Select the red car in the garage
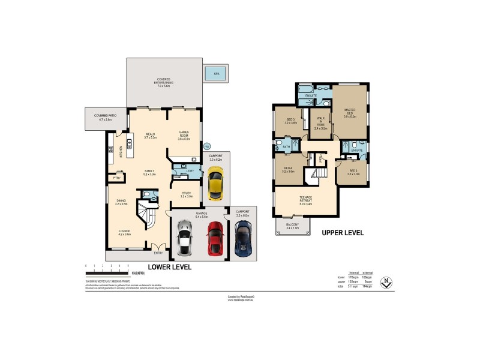pyautogui.click(x=215, y=238)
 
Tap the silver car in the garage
pyautogui.click(x=185, y=238)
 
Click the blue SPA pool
pyautogui.click(x=214, y=74)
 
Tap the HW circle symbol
pyautogui.click(x=207, y=145)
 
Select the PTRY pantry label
pyautogui.click(x=117, y=178)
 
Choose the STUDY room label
pyautogui.click(x=186, y=194)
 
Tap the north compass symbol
pyautogui.click(x=389, y=281)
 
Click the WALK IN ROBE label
pyautogui.click(x=321, y=123)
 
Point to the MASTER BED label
pyautogui.click(x=350, y=113)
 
